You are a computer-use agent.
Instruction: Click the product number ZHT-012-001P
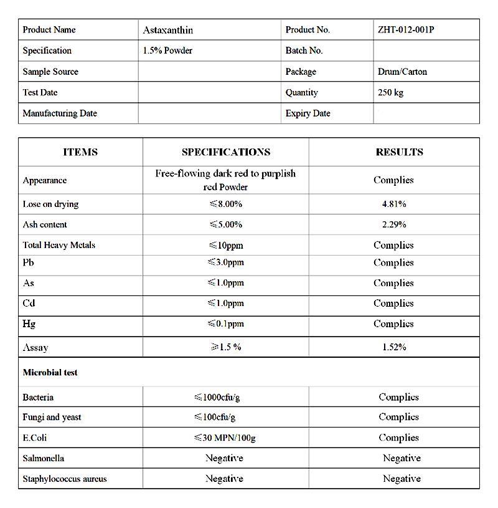[x=405, y=30]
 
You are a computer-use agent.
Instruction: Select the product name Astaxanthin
[x=168, y=30]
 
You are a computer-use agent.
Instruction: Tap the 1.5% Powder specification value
[x=167, y=50]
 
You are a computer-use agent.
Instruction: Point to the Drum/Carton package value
[x=402, y=72]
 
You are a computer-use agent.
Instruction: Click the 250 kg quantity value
[x=390, y=92]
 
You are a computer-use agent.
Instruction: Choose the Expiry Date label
[x=308, y=113]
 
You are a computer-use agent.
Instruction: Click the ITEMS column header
[x=80, y=152]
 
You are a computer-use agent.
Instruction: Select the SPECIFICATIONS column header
[x=226, y=152]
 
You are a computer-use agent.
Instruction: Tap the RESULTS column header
[x=399, y=152]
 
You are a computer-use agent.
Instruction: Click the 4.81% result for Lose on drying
[x=394, y=204]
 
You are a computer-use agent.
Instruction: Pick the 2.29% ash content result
[x=394, y=224]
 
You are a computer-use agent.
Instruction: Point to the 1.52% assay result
[x=394, y=347]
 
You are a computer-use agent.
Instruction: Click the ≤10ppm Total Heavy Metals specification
[x=225, y=245]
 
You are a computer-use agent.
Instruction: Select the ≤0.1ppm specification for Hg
[x=225, y=324]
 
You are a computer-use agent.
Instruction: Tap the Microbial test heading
[x=50, y=373]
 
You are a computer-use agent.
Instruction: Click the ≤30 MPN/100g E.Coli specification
[x=224, y=438]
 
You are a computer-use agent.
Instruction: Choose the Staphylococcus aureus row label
[x=65, y=479]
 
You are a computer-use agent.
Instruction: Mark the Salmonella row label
[x=44, y=458]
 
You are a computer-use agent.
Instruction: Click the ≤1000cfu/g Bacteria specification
[x=224, y=397]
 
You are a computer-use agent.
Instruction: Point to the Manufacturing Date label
[x=60, y=113]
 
